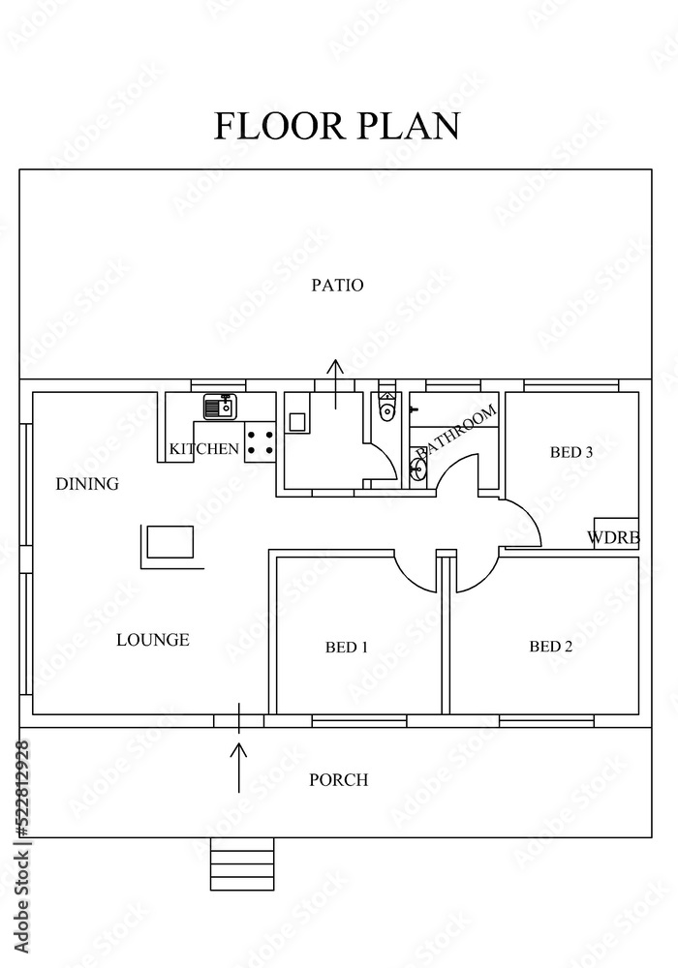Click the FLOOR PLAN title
coord(337,126)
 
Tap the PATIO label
coord(337,286)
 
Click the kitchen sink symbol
coord(220,407)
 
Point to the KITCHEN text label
coord(203,449)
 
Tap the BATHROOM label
coord(456,432)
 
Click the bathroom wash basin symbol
coord(418,470)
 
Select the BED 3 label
coord(570,452)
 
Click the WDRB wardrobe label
coord(613,538)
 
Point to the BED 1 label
coord(347,647)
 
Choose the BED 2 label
coord(550,647)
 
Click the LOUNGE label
coord(153,640)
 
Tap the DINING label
coord(87,484)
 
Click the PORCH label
coord(338,780)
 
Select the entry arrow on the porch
coord(239,768)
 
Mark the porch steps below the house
coord(242,863)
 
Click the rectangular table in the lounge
coord(170,542)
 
